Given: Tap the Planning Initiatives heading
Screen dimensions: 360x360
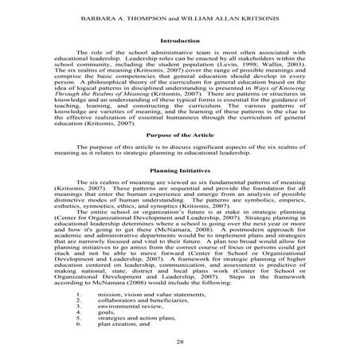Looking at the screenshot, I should click(x=180, y=193).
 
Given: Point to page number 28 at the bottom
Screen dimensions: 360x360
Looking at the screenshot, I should click(x=180, y=341).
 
